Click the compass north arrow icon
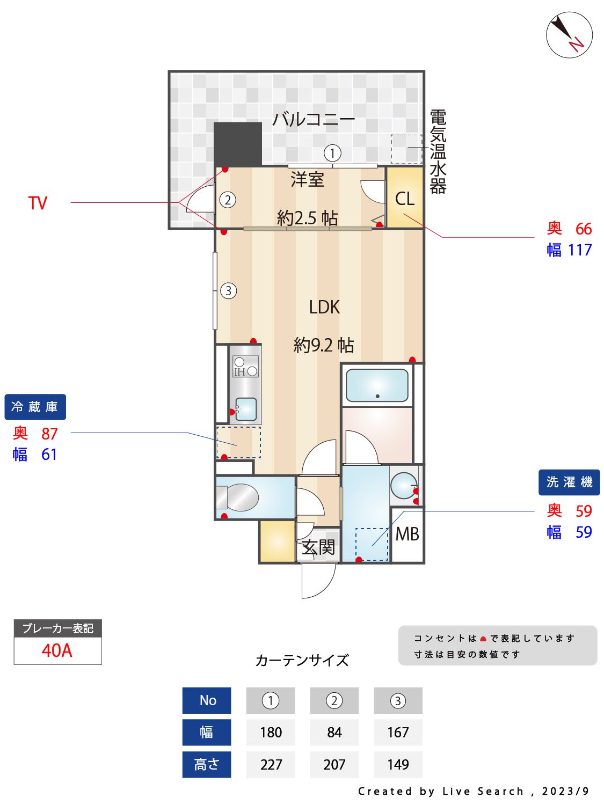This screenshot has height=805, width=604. click(569, 35)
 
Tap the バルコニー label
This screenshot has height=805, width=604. click(313, 119)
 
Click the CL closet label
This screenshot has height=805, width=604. click(405, 199)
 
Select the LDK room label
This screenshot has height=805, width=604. click(324, 307)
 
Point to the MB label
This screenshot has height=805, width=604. click(407, 535)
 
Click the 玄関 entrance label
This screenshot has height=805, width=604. click(318, 547)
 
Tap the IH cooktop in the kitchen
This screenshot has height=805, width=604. click(245, 367)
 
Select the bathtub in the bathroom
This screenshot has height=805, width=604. click(377, 385)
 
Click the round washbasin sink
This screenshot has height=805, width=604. click(403, 485)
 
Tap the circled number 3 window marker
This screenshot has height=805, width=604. click(229, 291)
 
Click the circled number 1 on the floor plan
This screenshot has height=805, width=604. click(332, 153)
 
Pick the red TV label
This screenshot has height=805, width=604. click(38, 203)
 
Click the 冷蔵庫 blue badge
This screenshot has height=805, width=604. click(35, 407)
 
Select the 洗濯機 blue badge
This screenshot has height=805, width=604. click(569, 482)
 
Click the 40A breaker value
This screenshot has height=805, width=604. click(57, 650)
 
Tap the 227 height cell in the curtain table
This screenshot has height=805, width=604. click(271, 764)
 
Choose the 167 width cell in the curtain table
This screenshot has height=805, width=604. click(398, 732)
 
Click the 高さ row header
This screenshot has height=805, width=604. click(207, 764)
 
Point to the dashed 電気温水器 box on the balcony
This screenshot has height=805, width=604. click(406, 149)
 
